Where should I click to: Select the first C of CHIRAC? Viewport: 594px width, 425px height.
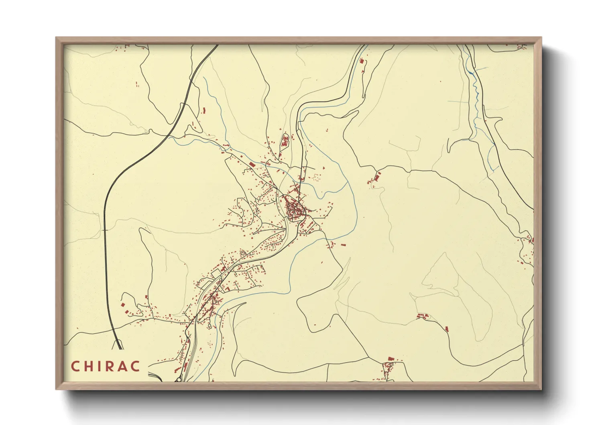click(75, 366)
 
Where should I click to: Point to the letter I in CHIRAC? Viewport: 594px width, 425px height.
click(101, 366)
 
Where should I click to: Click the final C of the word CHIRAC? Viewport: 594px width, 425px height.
click(136, 366)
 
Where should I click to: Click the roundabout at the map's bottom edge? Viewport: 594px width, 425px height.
click(177, 379)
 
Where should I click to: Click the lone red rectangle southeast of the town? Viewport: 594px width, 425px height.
click(344, 244)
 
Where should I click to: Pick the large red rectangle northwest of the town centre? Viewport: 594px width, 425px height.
click(252, 164)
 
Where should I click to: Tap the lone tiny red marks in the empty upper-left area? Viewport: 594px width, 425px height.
click(137, 84)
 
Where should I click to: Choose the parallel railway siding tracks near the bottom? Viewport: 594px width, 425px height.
click(191, 353)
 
